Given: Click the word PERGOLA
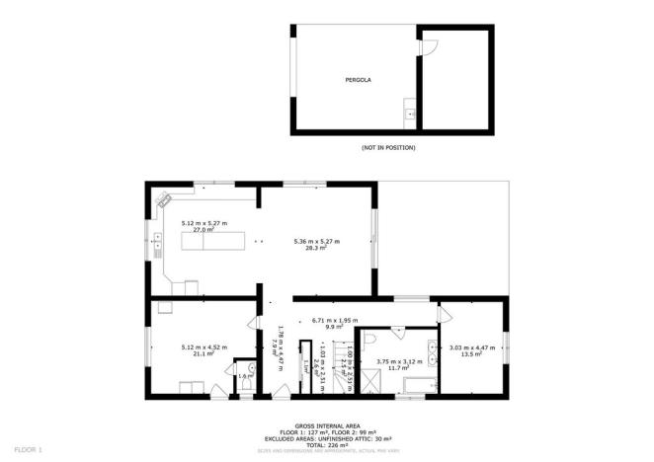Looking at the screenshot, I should [358, 78].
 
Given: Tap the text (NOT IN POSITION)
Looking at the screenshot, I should [388, 148].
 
